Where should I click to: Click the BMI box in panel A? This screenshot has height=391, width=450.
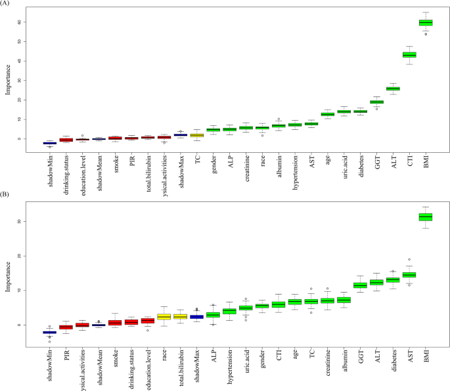click(x=426, y=22)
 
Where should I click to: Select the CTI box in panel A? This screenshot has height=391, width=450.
click(x=409, y=55)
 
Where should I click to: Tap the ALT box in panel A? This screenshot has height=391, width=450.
click(x=393, y=89)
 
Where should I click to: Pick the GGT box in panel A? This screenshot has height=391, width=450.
click(x=376, y=102)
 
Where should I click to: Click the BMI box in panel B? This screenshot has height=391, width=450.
click(x=426, y=217)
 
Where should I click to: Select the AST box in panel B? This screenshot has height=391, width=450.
click(x=409, y=275)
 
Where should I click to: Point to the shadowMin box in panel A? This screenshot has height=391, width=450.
click(x=50, y=142)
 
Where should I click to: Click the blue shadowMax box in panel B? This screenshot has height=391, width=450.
click(x=196, y=316)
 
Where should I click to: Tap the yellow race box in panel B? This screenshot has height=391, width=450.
click(x=164, y=317)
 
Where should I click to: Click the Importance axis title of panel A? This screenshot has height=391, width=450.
click(x=9, y=80)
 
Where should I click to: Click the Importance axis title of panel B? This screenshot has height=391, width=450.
click(x=9, y=272)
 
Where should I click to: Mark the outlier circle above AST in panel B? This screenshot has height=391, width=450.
click(x=409, y=260)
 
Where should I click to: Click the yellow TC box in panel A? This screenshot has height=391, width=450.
click(x=196, y=134)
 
